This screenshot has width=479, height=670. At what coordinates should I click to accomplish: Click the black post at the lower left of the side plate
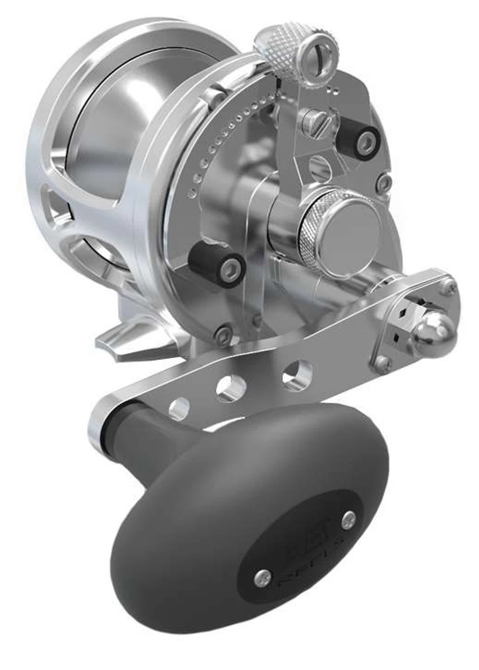coord(217,264)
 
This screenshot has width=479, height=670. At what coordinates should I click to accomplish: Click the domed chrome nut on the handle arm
coord(434,333)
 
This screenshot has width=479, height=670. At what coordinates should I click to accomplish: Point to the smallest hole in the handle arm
coord(180,408)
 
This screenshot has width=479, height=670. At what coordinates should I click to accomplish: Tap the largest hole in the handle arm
coord(297,375)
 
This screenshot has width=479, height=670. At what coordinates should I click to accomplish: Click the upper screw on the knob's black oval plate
coord(349,519)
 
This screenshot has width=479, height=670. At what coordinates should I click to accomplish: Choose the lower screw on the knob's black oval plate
coord(262,577)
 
